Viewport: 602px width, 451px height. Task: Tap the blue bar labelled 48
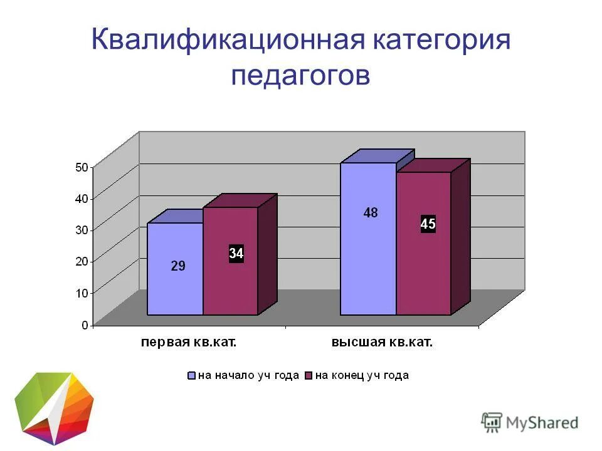368,251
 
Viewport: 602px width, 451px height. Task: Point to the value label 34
236,254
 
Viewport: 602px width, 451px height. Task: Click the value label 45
428,224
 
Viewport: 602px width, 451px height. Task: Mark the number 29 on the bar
178,266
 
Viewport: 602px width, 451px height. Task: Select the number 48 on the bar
371,213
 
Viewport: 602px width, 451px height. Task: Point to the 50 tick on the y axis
82,167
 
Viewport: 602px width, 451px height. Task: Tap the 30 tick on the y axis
82,230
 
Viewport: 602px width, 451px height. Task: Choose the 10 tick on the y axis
82,293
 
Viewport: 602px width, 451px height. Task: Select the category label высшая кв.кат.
383,343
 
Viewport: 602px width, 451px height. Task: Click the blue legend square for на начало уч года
192,376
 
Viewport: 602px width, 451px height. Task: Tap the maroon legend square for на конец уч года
309,376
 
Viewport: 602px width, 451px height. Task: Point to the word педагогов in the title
301,75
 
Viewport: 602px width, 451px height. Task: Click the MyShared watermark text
542,423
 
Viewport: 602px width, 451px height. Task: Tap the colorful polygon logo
54,407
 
